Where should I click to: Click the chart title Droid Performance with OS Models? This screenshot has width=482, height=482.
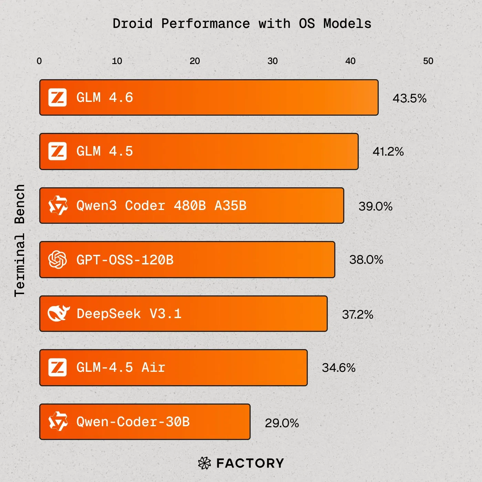coord(242,24)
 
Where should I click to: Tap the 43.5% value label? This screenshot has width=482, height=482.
coord(409,98)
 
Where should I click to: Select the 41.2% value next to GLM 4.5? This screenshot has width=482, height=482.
coord(388,151)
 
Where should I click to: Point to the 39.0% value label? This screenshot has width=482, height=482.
coord(375,206)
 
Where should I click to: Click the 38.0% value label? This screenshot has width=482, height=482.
coord(366,260)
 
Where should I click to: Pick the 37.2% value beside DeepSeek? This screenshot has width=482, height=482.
coord(357,314)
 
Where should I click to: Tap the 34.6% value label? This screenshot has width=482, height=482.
coord(338,368)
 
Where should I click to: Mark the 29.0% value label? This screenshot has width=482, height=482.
coord(282,423)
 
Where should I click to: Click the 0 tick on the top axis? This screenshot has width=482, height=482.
coord(39,61)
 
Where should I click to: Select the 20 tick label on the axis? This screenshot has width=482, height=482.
coord(195,61)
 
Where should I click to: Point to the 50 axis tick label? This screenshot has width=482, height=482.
coord(428,61)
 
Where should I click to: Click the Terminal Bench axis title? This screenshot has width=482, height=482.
coord(20,240)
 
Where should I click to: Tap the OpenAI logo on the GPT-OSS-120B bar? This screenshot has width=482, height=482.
coord(57,259)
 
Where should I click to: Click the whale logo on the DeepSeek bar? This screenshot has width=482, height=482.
coord(58,313)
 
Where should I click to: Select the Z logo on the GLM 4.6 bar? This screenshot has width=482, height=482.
coord(57,97)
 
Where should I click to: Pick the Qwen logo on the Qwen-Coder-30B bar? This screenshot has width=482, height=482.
coord(58,421)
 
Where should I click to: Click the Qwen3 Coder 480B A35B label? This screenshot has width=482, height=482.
coord(161,206)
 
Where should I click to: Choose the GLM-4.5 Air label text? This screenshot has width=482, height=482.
coord(120,367)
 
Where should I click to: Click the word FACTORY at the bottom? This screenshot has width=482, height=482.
coord(250,463)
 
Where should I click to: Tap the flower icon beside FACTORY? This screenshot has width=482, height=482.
coord(205,463)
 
